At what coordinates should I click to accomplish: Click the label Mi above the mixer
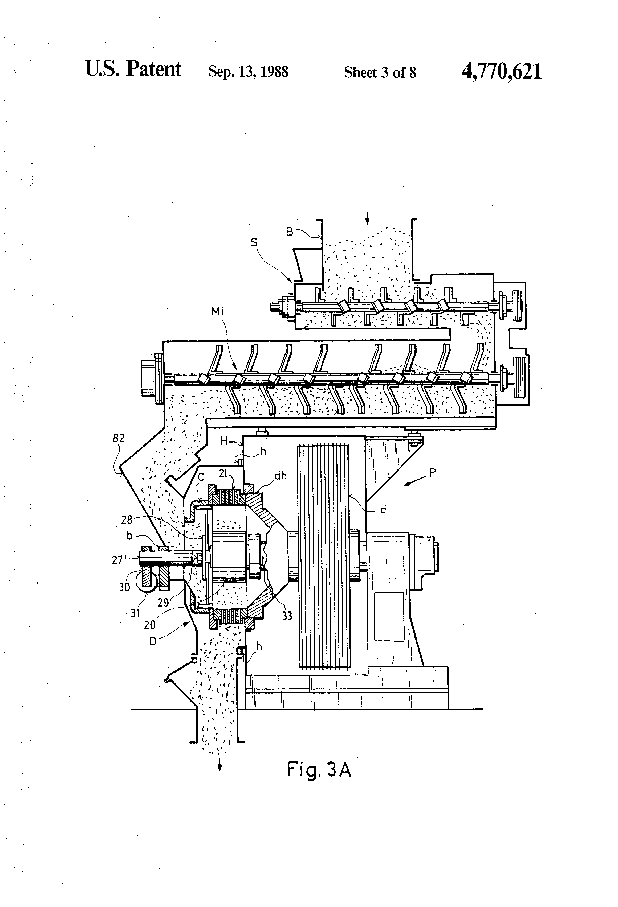click(x=218, y=311)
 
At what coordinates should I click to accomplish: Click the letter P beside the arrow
click(x=432, y=473)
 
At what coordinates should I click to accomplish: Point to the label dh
click(x=280, y=476)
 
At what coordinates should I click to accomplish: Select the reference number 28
click(x=127, y=520)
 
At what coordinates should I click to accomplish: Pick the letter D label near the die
click(x=153, y=641)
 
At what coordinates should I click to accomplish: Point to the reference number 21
click(x=223, y=474)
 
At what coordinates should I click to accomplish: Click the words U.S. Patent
click(x=133, y=69)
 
